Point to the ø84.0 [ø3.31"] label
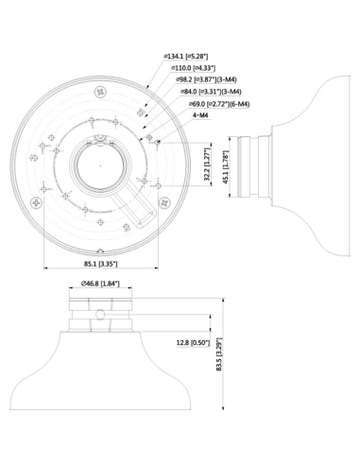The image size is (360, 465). click(x=210, y=92)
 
